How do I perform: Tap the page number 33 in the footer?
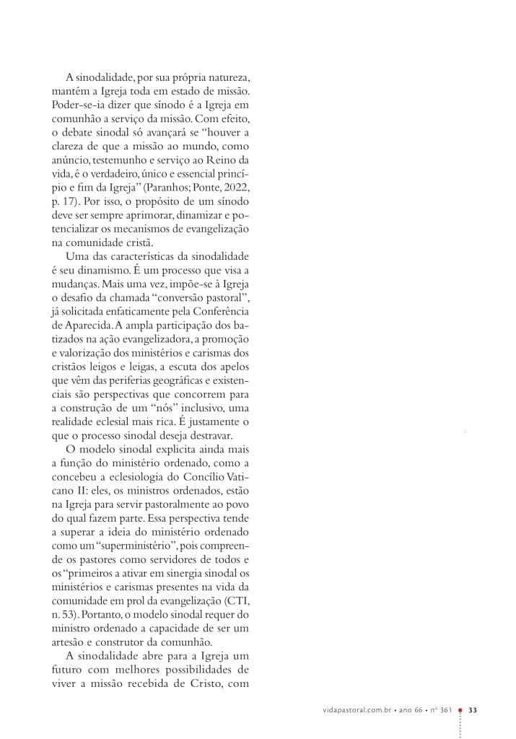point(473,710)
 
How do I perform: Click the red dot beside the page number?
point(460,709)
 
